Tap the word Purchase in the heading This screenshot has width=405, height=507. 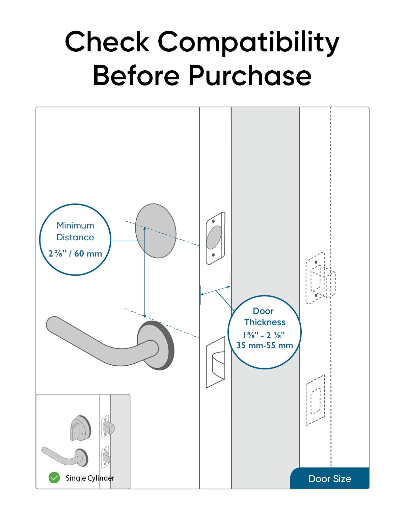pos(249,76)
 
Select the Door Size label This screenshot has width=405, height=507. pos(329,479)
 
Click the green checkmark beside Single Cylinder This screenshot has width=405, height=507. pos(54,478)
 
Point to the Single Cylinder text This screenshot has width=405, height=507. pos(90,478)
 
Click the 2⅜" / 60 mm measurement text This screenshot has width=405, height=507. pos(75,254)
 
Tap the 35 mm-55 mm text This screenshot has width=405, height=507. pos(265,345)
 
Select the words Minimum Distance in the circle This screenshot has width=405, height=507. pos(75,231)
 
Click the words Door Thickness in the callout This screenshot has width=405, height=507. pos(265,316)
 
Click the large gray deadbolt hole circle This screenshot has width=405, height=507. pos(156,231)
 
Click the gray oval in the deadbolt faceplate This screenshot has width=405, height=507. pos(214,238)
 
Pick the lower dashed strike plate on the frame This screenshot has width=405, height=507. pos(315,400)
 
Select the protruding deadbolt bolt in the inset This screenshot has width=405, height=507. pos(109,428)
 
